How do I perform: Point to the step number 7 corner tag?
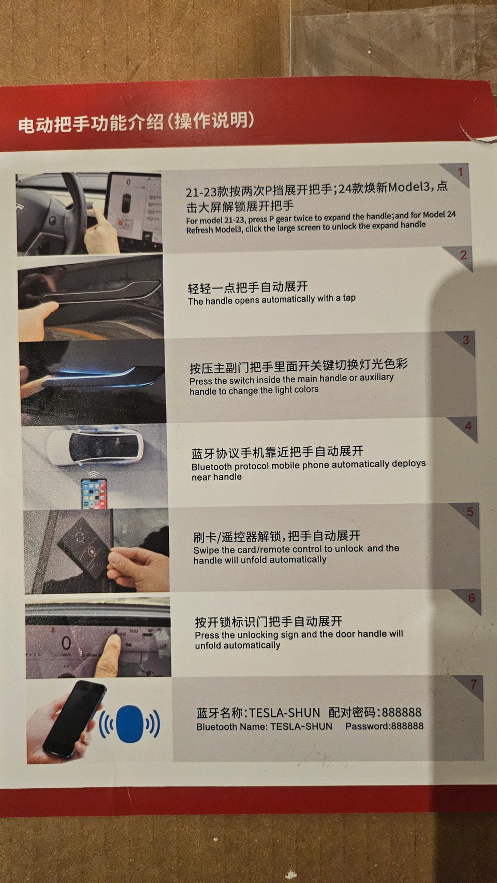[x=472, y=685]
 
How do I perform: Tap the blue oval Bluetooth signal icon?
[x=129, y=723]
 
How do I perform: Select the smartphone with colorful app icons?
[x=94, y=493]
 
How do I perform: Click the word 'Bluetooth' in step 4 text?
[x=211, y=467]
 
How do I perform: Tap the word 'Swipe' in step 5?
[x=206, y=551]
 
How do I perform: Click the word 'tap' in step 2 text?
[x=349, y=298]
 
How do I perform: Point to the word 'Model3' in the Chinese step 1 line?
[x=408, y=187]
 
